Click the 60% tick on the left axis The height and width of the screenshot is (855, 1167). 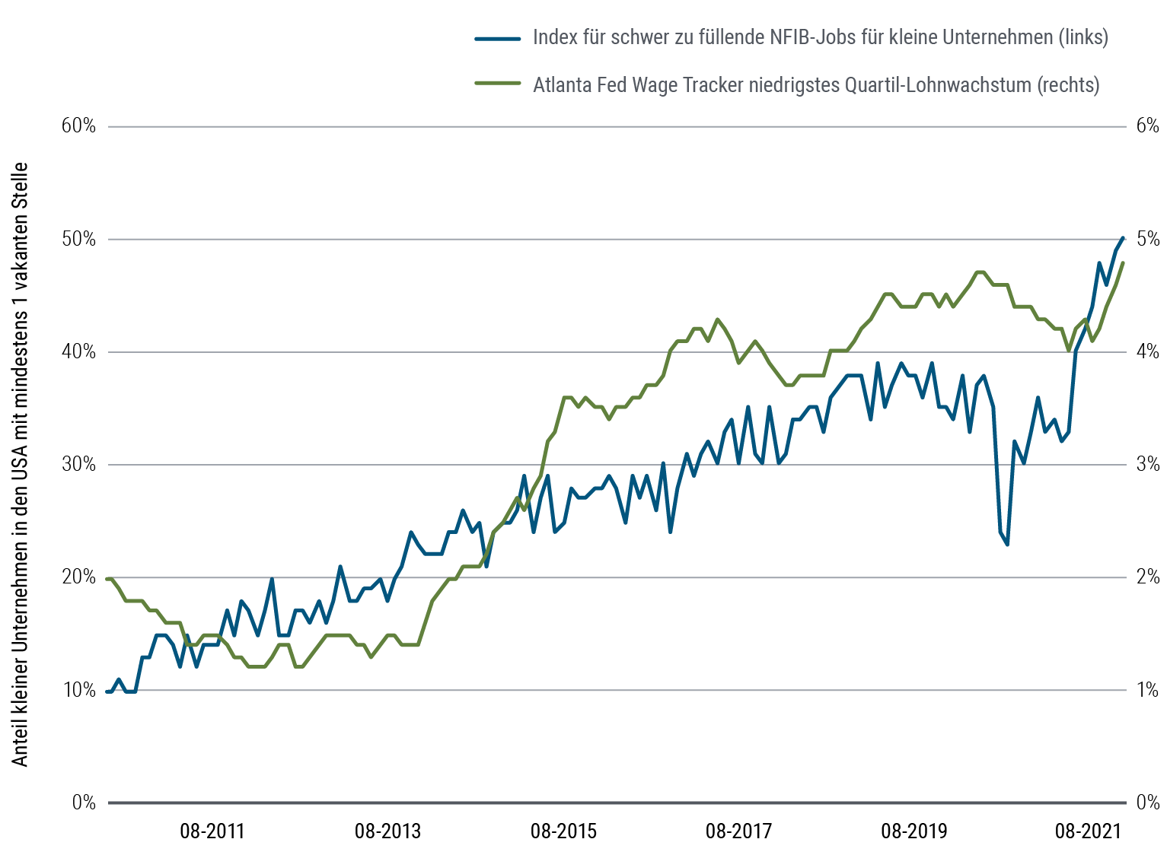(x=78, y=126)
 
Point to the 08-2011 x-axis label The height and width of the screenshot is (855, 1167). (x=212, y=831)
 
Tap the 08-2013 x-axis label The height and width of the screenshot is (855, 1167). (x=387, y=831)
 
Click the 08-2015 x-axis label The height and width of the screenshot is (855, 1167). (x=563, y=831)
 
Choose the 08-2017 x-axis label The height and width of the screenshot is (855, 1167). (x=738, y=831)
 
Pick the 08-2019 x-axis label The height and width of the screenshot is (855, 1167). (x=914, y=831)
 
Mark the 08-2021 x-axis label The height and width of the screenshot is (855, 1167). (x=1089, y=831)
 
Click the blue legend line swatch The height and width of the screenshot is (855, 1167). (x=497, y=38)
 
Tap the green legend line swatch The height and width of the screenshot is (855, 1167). (x=497, y=84)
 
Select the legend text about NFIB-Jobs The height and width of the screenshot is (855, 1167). (x=820, y=37)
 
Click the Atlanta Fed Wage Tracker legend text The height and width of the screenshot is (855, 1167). (x=816, y=84)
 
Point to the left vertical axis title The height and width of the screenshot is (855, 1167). (x=21, y=464)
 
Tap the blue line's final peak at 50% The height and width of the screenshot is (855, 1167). (x=1123, y=238)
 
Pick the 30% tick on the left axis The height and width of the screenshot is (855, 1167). (x=78, y=464)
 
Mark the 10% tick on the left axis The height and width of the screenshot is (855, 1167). (x=78, y=690)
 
